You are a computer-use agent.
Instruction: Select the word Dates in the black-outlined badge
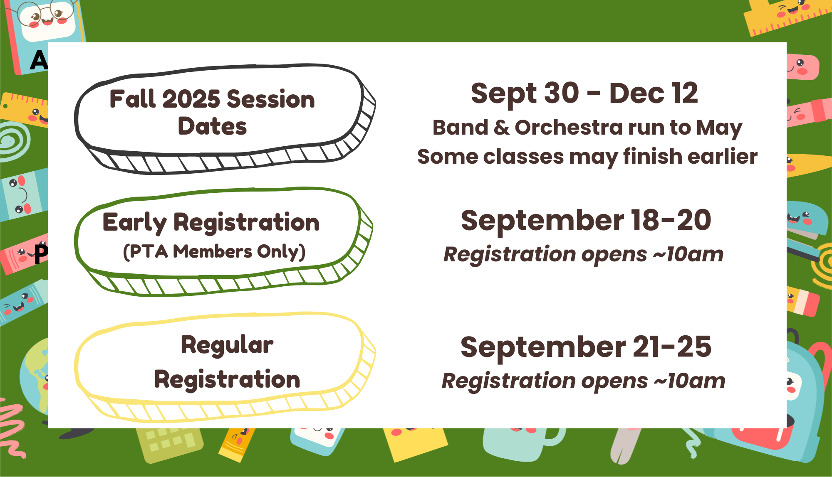pyautogui.click(x=212, y=126)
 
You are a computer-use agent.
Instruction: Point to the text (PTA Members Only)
pyautogui.click(x=214, y=252)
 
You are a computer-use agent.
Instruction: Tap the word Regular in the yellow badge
pyautogui.click(x=227, y=345)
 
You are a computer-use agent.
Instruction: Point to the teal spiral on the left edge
pyautogui.click(x=15, y=141)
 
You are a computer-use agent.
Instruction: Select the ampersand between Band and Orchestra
pyautogui.click(x=502, y=127)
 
